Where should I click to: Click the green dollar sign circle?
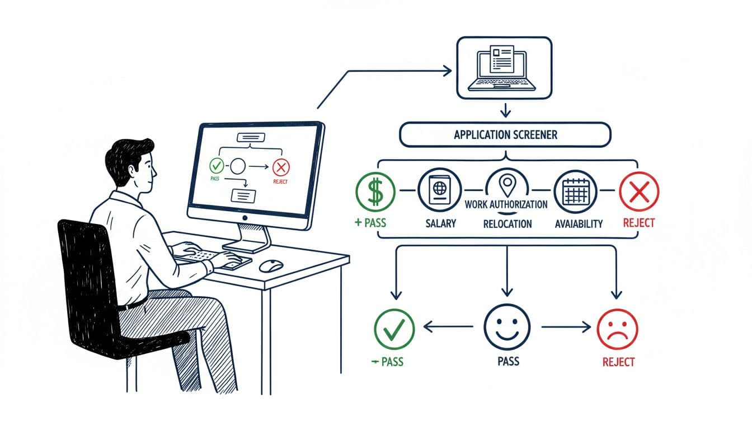[375, 190]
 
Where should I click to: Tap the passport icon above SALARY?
[439, 190]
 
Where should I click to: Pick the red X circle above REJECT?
[639, 191]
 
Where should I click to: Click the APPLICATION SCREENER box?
[505, 135]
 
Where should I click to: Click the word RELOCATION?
[507, 223]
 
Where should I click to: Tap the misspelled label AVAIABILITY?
[579, 223]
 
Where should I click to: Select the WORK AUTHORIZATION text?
[506, 204]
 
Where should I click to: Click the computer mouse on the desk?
[271, 265]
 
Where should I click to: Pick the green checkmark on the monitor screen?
[216, 166]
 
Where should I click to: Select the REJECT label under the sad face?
[618, 362]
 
